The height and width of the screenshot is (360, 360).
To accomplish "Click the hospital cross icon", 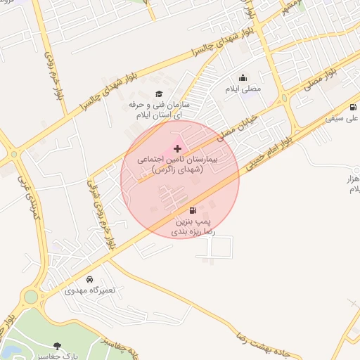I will pos(177,148).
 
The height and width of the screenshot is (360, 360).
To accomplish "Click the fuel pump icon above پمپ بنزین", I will pos(193,210).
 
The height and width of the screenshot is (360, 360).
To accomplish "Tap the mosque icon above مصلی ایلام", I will pos(243,78).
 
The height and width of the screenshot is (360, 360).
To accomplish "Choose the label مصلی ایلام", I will pos(243,89).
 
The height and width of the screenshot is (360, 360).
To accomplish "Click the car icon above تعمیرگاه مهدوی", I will pos(89,279).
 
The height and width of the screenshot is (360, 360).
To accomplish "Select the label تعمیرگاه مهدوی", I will pos(89,290).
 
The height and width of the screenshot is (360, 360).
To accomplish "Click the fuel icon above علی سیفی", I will pos(352,107).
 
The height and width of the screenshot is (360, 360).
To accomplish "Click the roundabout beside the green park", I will pos(30,296).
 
